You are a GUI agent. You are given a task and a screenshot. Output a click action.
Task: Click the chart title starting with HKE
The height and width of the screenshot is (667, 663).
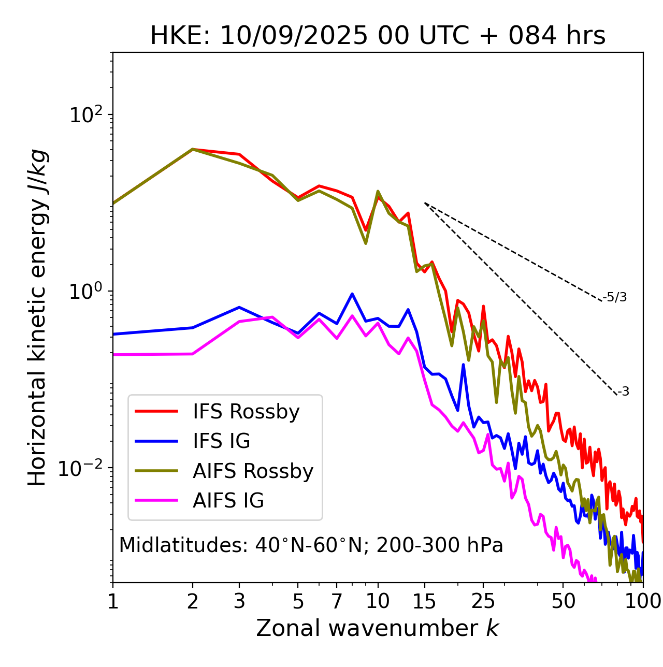[x=378, y=36]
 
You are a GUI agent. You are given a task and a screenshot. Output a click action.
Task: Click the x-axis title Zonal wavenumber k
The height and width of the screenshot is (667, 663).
[x=378, y=628]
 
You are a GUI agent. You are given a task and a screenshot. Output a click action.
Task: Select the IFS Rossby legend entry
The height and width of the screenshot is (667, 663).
[x=246, y=412]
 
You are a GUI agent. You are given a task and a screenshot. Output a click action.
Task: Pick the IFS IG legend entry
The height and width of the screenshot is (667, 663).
[x=221, y=441]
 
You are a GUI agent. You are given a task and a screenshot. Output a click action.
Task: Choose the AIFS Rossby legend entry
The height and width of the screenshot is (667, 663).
[x=253, y=471]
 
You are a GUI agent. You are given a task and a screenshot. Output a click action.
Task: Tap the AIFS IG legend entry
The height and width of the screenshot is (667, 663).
[x=228, y=501]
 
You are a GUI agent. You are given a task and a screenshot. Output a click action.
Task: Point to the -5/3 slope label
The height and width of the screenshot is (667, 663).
[x=615, y=297]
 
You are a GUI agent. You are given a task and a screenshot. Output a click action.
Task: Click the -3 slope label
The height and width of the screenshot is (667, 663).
[x=623, y=392]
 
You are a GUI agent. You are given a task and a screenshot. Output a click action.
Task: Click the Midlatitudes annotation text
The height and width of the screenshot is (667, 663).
[x=311, y=545]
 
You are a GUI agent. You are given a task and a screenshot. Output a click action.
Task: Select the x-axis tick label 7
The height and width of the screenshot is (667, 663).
[x=337, y=601]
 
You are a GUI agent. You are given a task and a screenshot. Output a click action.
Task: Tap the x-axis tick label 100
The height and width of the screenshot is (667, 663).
[x=643, y=601]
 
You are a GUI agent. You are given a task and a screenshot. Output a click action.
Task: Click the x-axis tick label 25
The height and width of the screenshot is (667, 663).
[x=483, y=601]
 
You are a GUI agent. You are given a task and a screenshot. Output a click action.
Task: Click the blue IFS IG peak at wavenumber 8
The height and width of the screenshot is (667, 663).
[x=352, y=294]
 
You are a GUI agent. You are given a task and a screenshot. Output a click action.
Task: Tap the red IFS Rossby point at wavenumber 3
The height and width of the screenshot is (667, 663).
[x=239, y=154]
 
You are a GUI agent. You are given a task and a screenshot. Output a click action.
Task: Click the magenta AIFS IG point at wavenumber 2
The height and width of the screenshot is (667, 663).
[x=193, y=354]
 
